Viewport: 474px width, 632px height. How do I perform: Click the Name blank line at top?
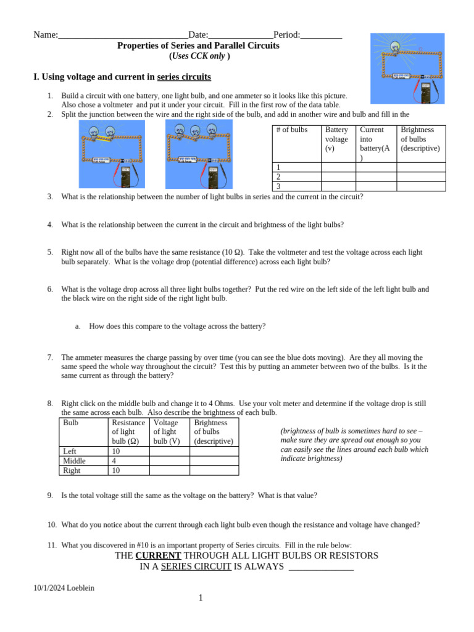[123, 36]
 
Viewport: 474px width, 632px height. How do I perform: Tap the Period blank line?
[321, 36]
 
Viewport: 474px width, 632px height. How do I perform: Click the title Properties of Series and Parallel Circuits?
[198, 46]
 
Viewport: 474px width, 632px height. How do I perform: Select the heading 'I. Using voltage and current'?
[122, 77]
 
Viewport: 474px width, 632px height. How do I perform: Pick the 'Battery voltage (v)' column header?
[337, 139]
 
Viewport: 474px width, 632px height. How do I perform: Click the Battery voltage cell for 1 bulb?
[338, 167]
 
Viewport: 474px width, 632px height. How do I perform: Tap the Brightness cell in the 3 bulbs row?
[420, 186]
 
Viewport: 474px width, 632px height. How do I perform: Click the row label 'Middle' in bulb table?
[75, 461]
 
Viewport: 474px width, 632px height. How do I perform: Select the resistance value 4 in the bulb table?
[114, 461]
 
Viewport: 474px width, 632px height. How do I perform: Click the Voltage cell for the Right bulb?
[170, 470]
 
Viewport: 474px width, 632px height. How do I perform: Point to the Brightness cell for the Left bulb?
[214, 451]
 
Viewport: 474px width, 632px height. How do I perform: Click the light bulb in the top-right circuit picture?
[395, 47]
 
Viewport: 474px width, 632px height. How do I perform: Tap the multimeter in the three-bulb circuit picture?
[213, 175]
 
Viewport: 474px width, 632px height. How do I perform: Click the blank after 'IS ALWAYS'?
[321, 567]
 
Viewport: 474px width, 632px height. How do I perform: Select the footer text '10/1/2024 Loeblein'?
[64, 588]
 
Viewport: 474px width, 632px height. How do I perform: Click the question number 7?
[49, 357]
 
